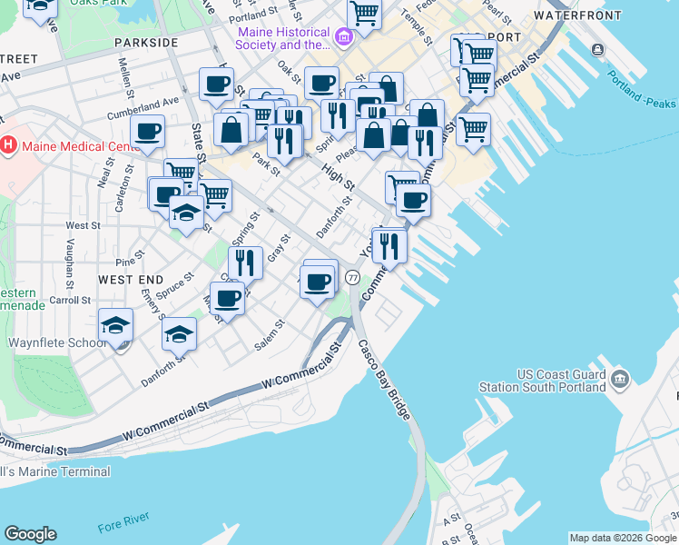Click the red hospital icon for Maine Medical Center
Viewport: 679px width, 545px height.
pos(9,145)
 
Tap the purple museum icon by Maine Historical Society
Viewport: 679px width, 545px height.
pos(344,37)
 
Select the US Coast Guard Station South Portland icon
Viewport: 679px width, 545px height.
pos(621,377)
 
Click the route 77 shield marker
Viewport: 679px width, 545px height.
pos(353,277)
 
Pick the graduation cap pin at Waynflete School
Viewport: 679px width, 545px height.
pos(116,325)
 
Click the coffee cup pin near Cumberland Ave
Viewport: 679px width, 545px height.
pos(147,131)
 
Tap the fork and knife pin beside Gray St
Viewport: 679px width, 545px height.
pos(245,263)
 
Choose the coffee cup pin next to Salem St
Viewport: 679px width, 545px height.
pos(227,298)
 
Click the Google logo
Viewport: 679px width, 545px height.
pos(30,534)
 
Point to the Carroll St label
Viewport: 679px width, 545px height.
pos(70,300)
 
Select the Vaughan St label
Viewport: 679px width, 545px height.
pos(71,260)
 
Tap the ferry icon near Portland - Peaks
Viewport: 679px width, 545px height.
pos(596,49)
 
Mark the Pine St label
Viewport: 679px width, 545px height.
pos(125,261)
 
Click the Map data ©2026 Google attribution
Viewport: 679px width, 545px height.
pos(623,538)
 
